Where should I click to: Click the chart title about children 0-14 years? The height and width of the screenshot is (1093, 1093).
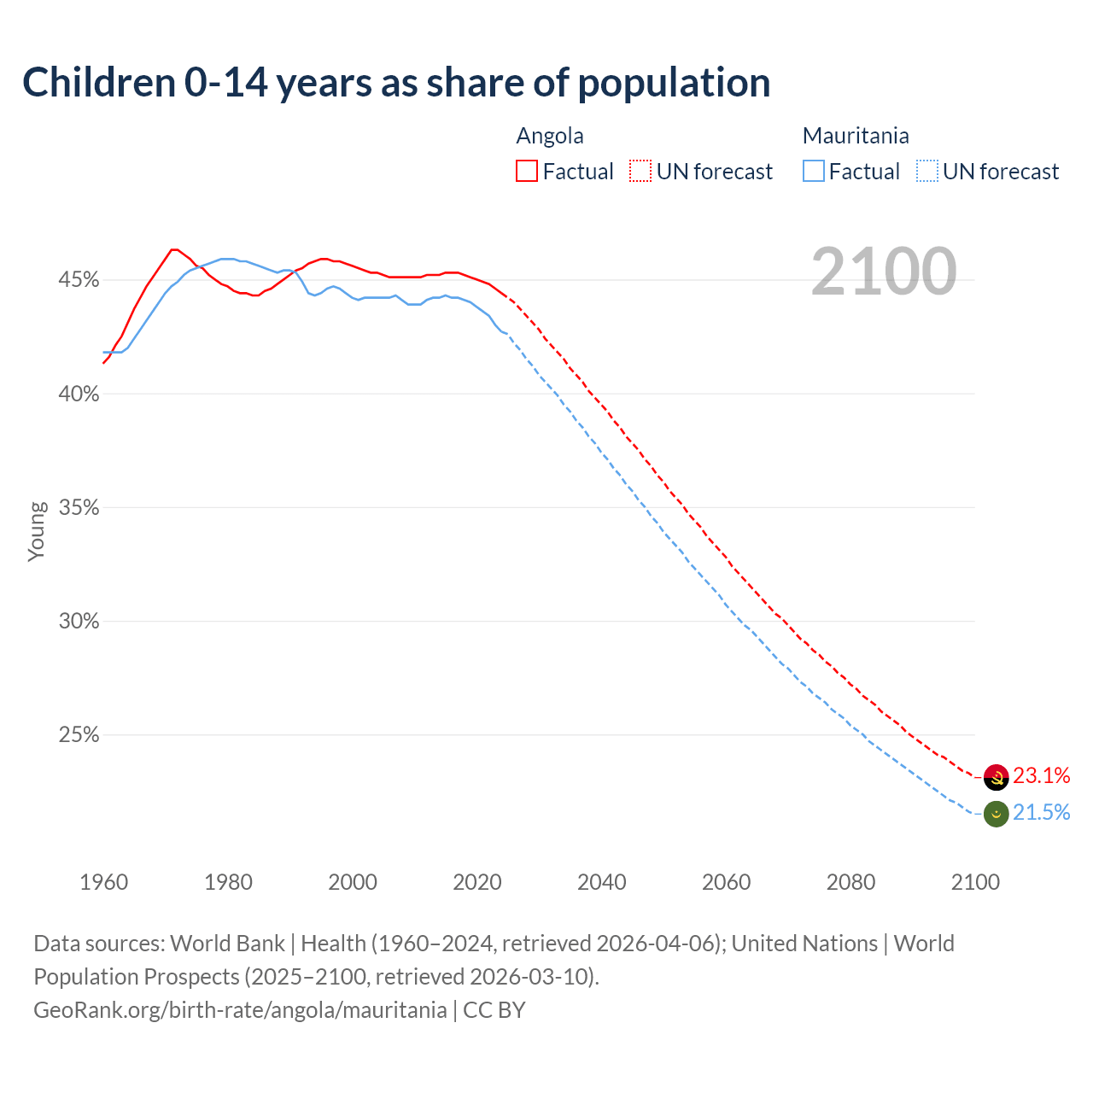click(x=396, y=82)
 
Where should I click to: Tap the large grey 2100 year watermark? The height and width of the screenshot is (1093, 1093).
click(x=884, y=272)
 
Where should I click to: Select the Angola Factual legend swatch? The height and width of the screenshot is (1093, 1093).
click(x=527, y=171)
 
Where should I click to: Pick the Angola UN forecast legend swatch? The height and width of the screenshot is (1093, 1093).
click(x=640, y=171)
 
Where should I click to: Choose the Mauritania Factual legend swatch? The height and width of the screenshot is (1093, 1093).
click(x=814, y=171)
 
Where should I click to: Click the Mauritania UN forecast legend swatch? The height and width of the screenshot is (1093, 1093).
click(x=927, y=171)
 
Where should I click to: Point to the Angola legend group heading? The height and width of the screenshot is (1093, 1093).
click(x=550, y=136)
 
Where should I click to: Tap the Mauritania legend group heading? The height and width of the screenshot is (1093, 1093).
click(x=856, y=136)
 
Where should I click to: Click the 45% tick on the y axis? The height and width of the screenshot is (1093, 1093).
click(x=79, y=280)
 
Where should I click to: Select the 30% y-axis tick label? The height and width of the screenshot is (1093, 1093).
click(x=79, y=622)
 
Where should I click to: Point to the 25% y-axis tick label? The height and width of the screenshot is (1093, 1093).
click(x=79, y=735)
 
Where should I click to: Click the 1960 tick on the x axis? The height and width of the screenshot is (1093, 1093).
click(x=103, y=881)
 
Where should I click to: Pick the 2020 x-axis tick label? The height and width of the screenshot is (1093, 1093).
click(x=477, y=881)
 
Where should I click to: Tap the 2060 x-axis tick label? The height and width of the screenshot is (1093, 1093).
click(x=726, y=881)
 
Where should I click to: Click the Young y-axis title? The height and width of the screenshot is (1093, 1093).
click(x=37, y=531)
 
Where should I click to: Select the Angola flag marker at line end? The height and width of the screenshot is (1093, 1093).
click(x=996, y=777)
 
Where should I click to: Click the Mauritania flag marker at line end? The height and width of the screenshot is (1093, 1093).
click(x=996, y=814)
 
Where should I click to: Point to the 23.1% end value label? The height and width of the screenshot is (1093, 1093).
click(x=1042, y=775)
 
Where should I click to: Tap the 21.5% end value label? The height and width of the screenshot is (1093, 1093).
click(x=1042, y=812)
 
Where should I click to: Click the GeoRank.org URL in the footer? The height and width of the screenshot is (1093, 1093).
click(x=240, y=1009)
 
